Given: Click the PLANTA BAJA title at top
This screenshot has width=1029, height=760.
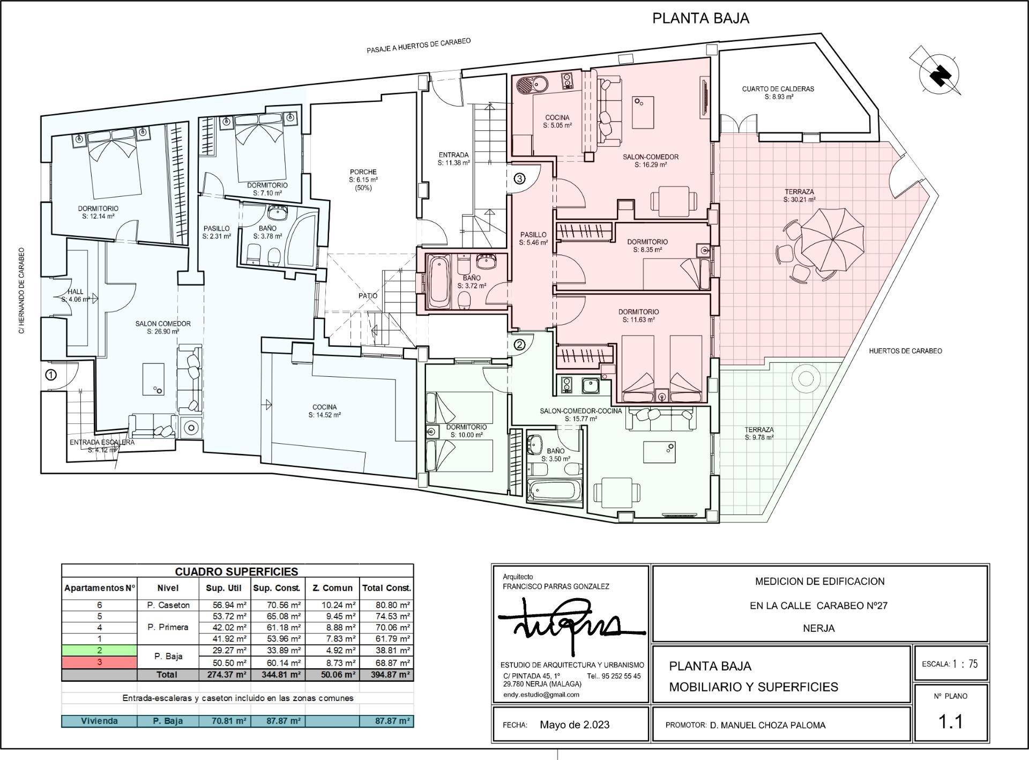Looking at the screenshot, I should click(x=700, y=18).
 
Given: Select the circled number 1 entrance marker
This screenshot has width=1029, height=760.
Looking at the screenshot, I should click(x=50, y=375).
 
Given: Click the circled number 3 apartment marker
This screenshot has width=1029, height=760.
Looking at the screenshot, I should click(x=519, y=178).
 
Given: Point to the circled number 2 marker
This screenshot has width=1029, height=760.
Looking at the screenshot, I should click(x=519, y=345).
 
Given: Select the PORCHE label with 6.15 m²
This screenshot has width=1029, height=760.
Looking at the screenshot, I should click(x=363, y=180).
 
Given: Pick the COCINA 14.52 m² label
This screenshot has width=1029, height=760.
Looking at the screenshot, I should click(x=325, y=411).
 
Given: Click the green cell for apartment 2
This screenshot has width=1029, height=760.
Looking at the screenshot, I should click(x=99, y=650).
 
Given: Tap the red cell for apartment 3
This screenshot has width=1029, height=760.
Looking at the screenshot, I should click(x=99, y=662).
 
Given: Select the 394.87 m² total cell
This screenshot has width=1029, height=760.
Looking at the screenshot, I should click(x=386, y=675).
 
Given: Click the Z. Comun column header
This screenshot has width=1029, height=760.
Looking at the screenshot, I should click(x=332, y=588).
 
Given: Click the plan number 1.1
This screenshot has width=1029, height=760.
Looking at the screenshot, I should click(x=950, y=721).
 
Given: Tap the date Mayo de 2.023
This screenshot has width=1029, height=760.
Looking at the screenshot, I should click(x=575, y=725).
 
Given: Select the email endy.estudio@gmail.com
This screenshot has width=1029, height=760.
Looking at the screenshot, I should click(x=541, y=695).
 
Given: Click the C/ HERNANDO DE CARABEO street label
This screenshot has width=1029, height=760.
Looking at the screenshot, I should click(x=22, y=290).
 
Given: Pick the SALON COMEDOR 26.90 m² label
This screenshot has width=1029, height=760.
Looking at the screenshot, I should click(x=162, y=327).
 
